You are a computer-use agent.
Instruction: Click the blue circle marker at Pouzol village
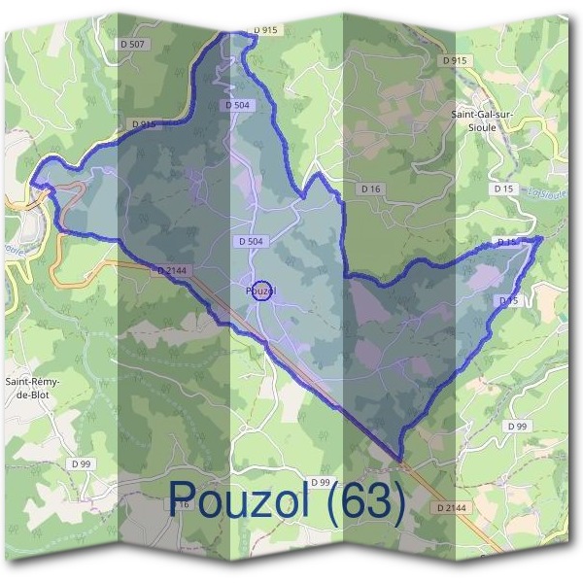click(x=261, y=290)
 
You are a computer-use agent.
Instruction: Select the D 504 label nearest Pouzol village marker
click(x=249, y=240)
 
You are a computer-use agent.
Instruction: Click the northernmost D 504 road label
click(x=237, y=105)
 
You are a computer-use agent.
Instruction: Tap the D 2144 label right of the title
click(x=452, y=507)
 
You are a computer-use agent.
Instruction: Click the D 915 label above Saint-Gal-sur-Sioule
click(x=454, y=60)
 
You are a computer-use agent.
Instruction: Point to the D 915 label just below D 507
click(x=143, y=124)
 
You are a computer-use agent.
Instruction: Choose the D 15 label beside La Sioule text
click(x=502, y=188)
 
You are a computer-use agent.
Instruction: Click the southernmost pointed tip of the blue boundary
click(x=399, y=459)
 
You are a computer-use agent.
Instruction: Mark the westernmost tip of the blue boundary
click(x=32, y=182)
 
